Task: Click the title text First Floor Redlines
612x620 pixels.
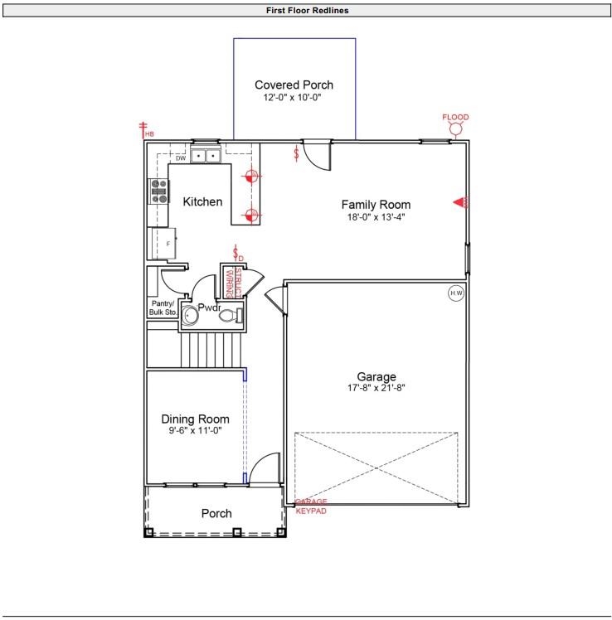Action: click(x=307, y=11)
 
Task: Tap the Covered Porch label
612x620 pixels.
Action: click(x=294, y=85)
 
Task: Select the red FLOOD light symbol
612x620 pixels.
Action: click(x=455, y=127)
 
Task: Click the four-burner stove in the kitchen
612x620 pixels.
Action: click(x=158, y=191)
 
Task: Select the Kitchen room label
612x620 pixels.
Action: click(x=202, y=201)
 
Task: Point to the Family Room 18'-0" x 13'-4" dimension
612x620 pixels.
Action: click(x=376, y=217)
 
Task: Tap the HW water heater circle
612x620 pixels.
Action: click(x=455, y=293)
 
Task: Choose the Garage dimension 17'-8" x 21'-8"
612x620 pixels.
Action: click(x=376, y=388)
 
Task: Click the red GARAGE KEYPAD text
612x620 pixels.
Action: click(x=312, y=506)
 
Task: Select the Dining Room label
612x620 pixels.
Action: click(x=195, y=419)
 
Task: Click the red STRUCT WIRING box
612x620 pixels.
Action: click(x=235, y=283)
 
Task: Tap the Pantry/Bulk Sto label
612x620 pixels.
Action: click(x=163, y=308)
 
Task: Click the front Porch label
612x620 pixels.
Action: click(x=216, y=514)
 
